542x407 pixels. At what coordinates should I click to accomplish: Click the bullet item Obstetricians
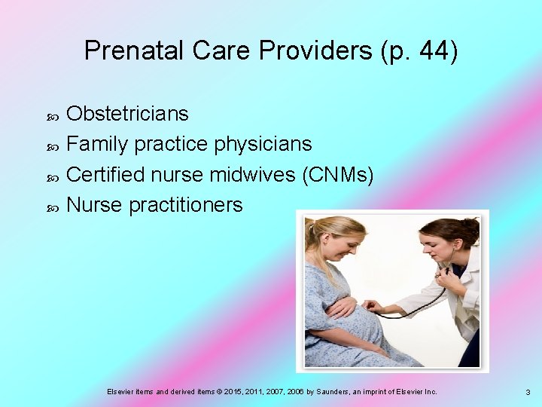coord(127,114)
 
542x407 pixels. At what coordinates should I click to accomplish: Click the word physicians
coord(263,144)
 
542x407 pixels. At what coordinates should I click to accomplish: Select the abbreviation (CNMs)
coord(336,174)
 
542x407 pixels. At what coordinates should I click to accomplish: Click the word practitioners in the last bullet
coord(186,204)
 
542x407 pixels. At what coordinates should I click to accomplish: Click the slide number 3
coord(528,393)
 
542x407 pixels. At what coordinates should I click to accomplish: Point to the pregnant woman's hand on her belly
coord(343,307)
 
